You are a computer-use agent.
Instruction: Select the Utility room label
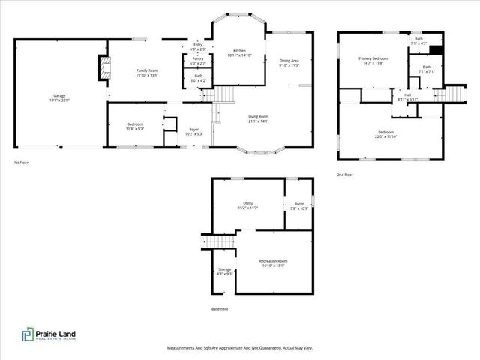click(x=247, y=205)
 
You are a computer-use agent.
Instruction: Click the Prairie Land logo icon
click(x=27, y=334)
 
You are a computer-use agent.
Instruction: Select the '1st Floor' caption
click(x=22, y=163)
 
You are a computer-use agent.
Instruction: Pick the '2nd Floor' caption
click(x=345, y=174)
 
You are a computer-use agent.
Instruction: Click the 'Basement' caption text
click(x=220, y=308)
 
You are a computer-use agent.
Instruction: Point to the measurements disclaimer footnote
click(x=239, y=348)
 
